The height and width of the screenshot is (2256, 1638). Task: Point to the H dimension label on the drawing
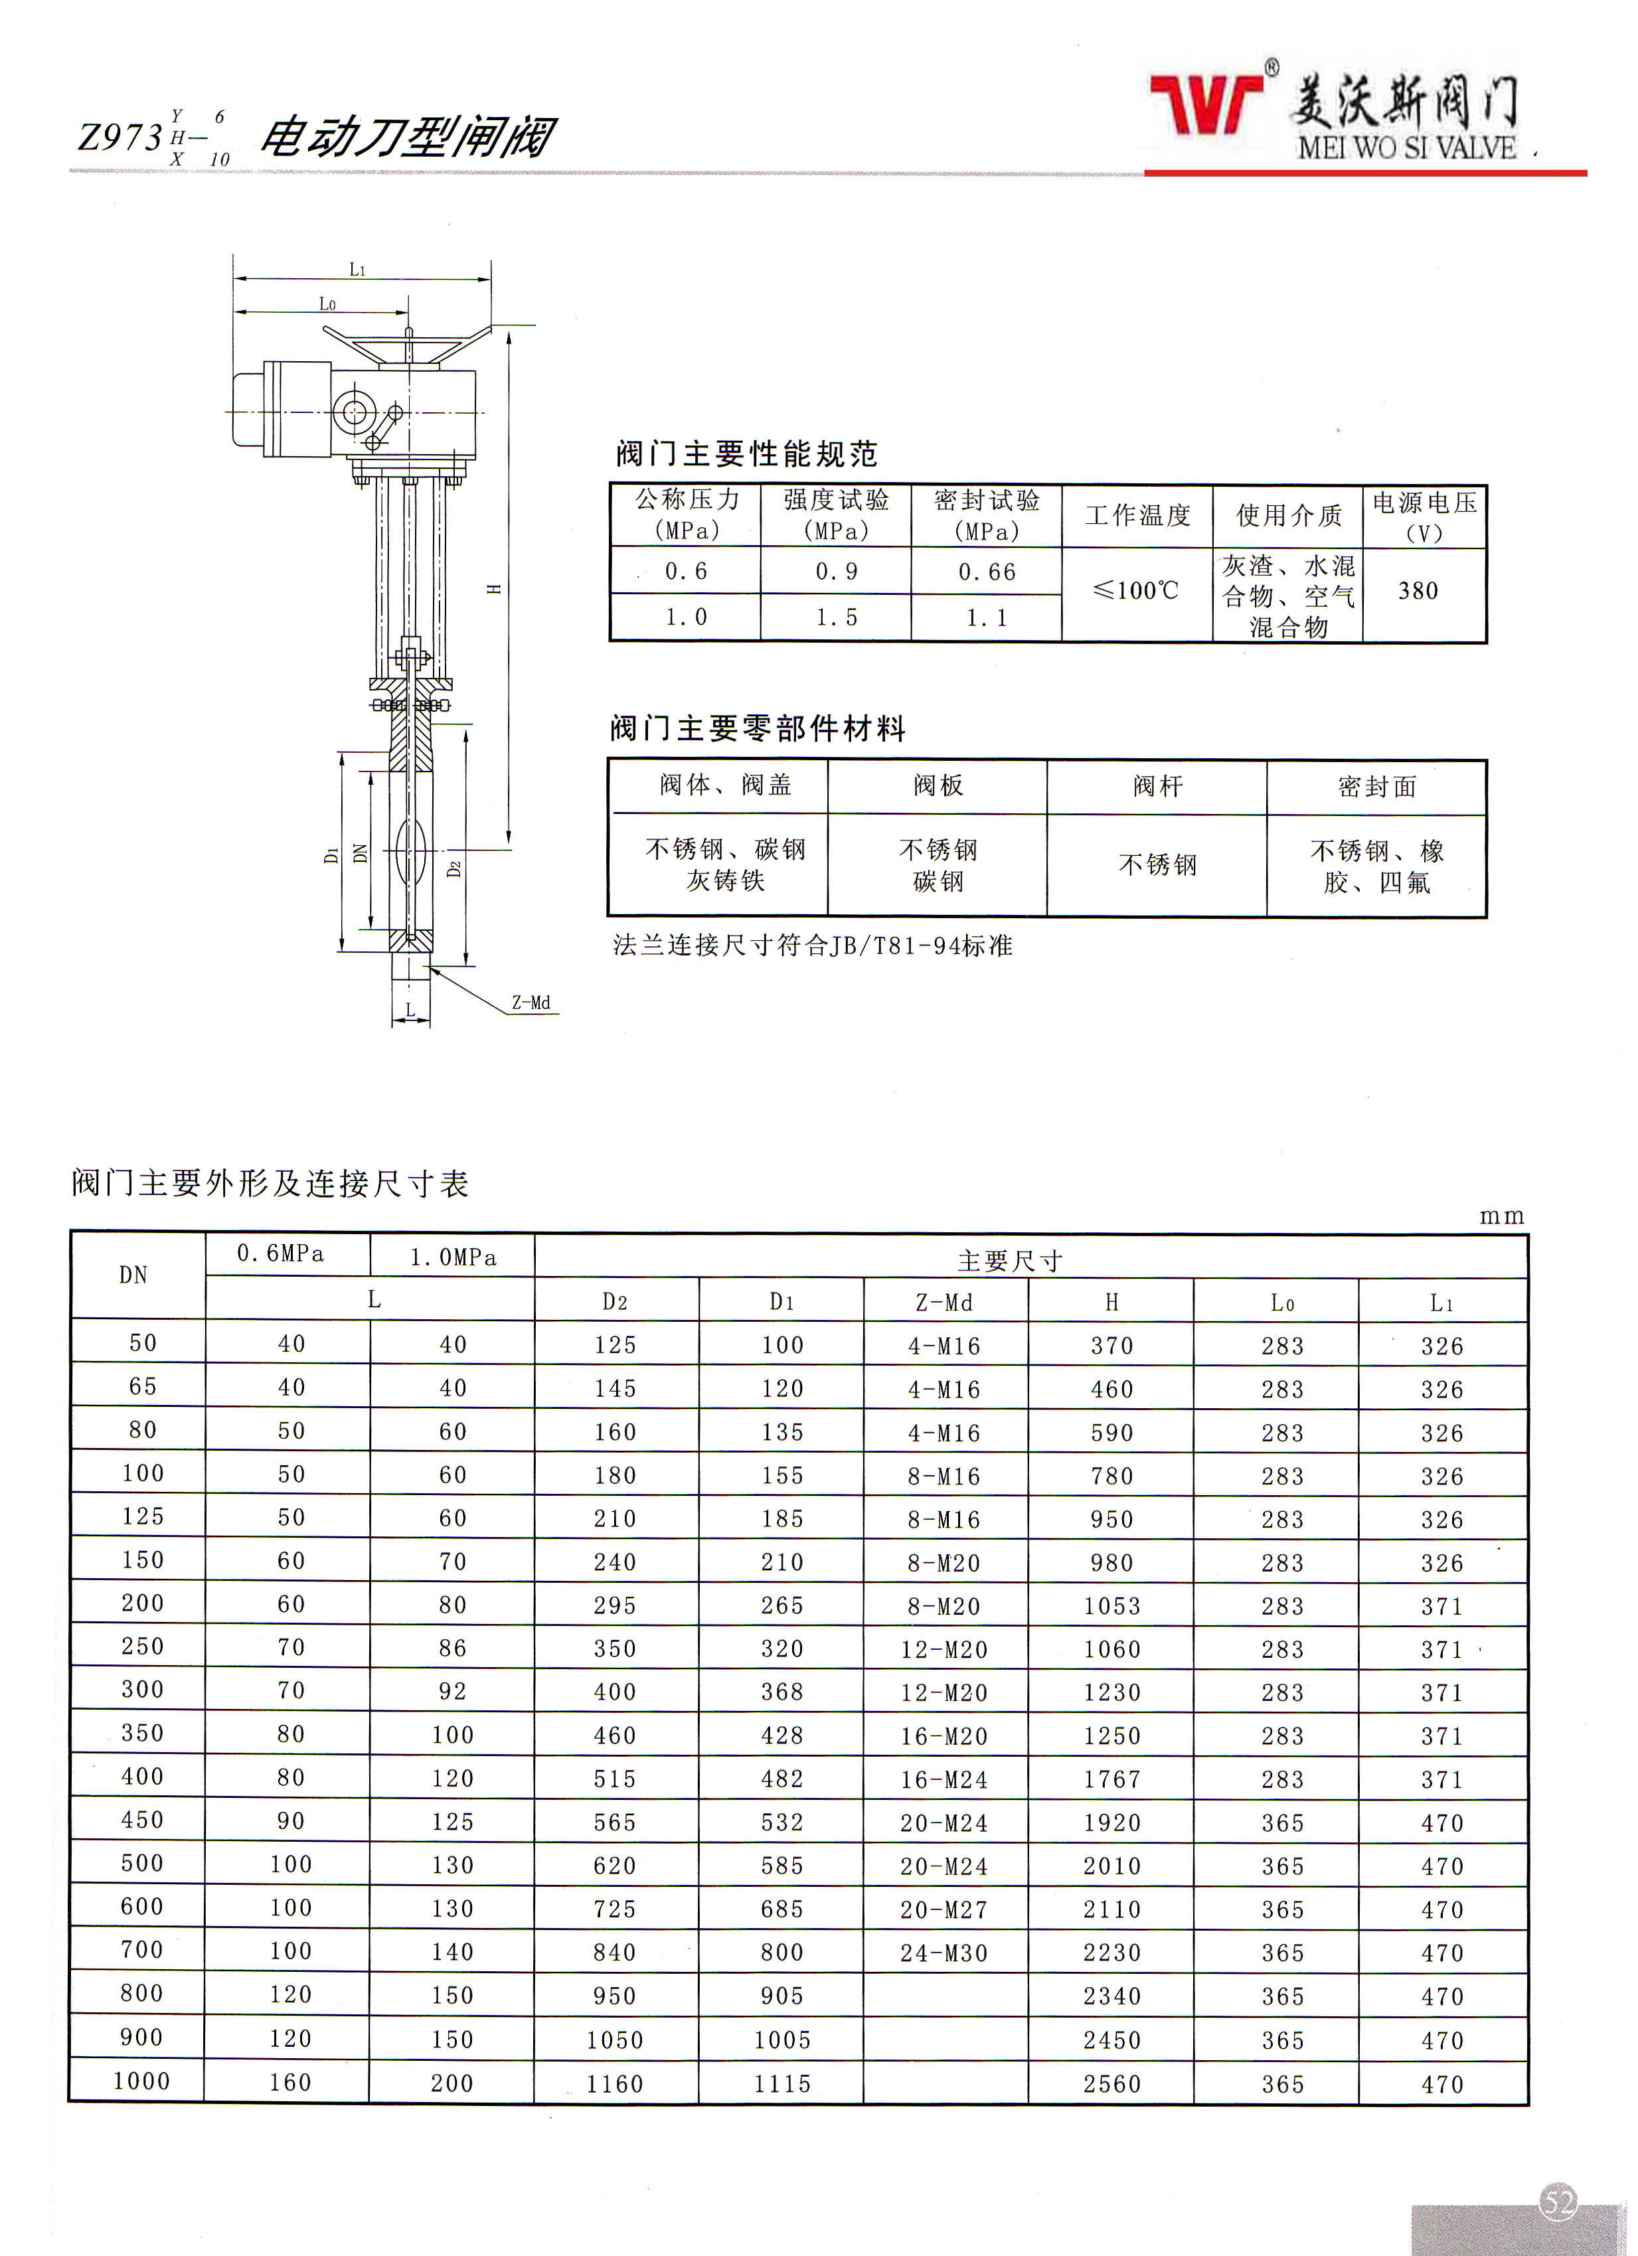[x=494, y=589]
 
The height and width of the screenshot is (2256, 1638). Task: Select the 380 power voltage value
[x=1418, y=591]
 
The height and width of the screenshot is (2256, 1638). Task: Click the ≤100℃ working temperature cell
[x=1136, y=591]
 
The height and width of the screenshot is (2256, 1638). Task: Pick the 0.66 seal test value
[x=987, y=572]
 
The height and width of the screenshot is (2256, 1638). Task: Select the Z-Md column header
[x=943, y=1302]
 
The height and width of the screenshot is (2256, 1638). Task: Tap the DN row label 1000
[x=141, y=2081]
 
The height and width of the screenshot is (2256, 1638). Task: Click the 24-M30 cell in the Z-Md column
[x=943, y=1953]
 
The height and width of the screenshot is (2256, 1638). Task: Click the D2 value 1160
[x=615, y=2083]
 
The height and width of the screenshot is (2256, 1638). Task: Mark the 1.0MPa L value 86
[x=453, y=1649]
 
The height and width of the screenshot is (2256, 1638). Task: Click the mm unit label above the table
[x=1501, y=1216]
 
